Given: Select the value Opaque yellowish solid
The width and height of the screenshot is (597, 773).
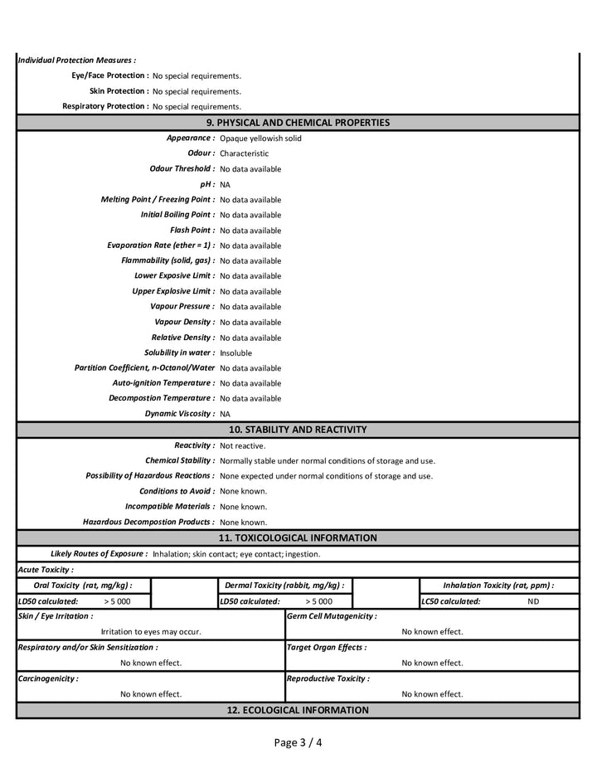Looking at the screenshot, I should point(260,139).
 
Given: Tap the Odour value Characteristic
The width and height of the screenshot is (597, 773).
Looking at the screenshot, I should point(244,153).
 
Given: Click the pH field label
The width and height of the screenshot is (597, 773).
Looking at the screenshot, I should point(207,184).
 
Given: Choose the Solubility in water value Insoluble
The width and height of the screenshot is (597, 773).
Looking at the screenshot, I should point(235,352).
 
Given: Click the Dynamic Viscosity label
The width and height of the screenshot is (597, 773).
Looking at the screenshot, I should point(180,413).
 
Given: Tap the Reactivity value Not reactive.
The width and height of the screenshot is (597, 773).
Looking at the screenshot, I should point(242,445).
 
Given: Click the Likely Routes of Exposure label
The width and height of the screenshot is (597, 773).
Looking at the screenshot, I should point(99,553).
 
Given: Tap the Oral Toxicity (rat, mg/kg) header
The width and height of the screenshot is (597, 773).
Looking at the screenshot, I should point(83,585).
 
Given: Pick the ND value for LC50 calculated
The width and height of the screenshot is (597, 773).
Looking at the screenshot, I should point(532,601).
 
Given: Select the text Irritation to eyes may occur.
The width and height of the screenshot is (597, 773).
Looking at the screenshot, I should point(151,631).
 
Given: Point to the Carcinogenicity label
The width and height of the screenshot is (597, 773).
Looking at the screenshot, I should point(48,678).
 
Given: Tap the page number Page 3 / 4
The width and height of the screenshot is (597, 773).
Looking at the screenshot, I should point(298,742).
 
